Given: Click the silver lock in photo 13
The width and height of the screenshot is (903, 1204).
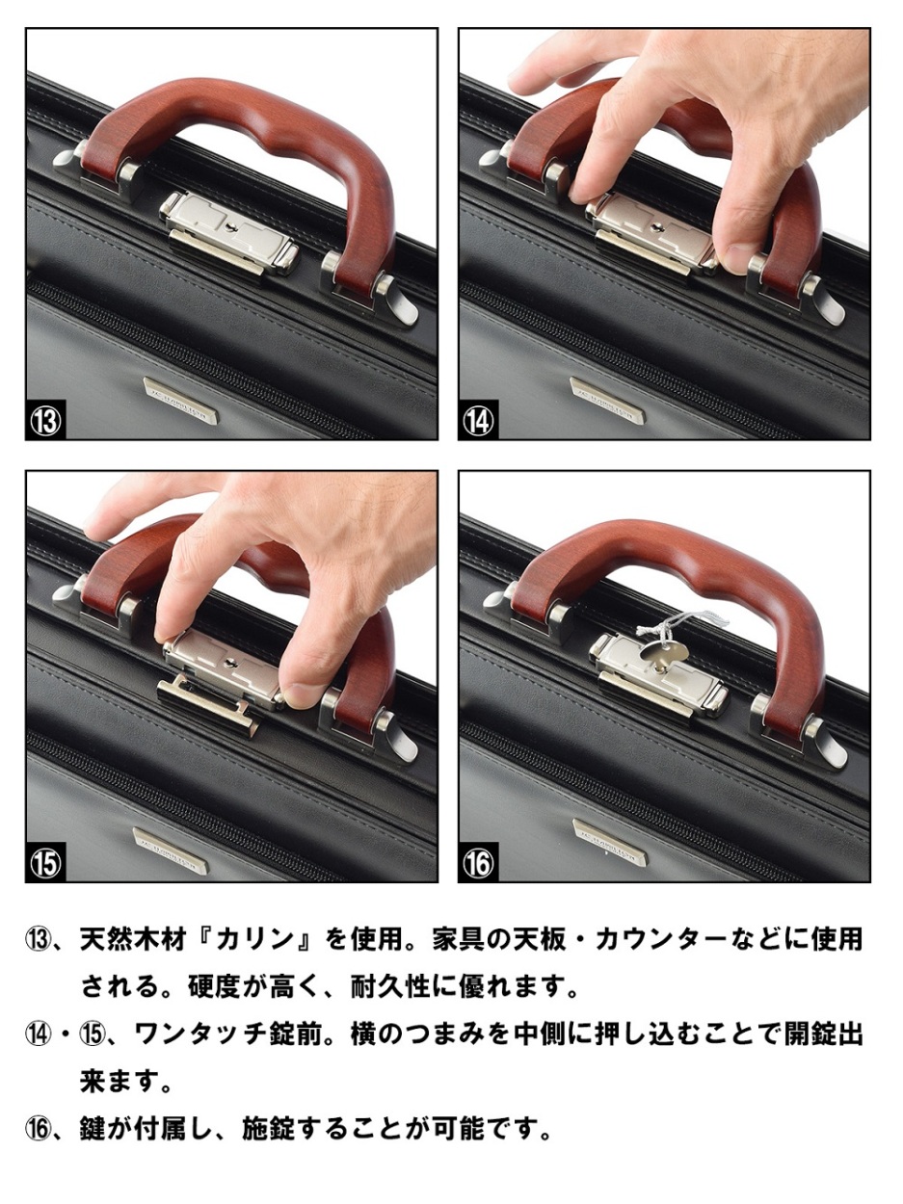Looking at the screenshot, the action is click(229, 234).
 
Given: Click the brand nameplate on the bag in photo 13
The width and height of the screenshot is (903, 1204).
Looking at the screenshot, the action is click(180, 402).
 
